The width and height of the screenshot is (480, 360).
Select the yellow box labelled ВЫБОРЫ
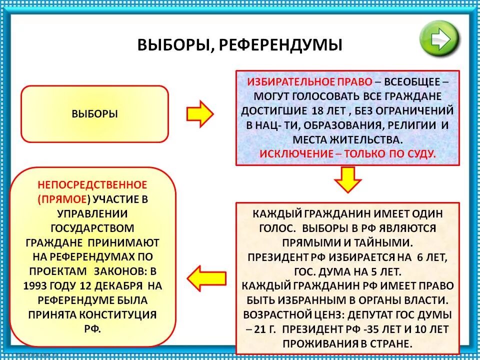(95, 113)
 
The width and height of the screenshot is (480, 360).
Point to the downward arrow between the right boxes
(347, 180)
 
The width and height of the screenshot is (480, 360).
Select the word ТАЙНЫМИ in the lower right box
(385, 242)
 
